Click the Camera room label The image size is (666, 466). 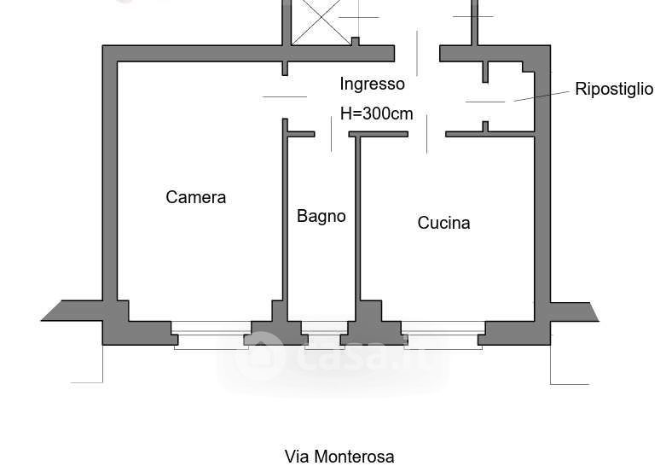tap(195, 197)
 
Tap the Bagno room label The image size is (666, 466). tap(321, 216)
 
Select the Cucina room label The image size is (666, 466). tap(443, 223)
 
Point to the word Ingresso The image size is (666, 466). tap(372, 84)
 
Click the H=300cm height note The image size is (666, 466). tap(376, 113)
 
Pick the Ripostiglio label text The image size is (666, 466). tap(614, 89)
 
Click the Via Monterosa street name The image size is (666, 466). tap(339, 457)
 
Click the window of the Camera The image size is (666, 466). tap(211, 332)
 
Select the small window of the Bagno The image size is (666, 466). tap(324, 334)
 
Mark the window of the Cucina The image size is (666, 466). tap(442, 332)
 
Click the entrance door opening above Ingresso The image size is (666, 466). tap(417, 53)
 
